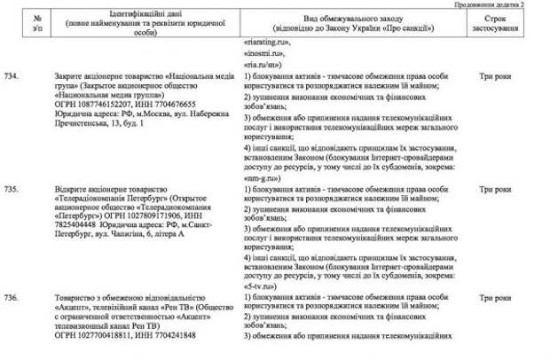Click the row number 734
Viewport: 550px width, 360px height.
tap(11, 78)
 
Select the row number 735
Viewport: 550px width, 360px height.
tap(11, 190)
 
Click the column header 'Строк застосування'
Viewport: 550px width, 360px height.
tap(501, 22)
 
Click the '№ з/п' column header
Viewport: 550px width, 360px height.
tap(35, 22)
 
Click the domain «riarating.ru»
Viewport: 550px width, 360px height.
tap(265, 42)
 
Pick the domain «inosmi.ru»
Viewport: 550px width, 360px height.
tap(261, 53)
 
